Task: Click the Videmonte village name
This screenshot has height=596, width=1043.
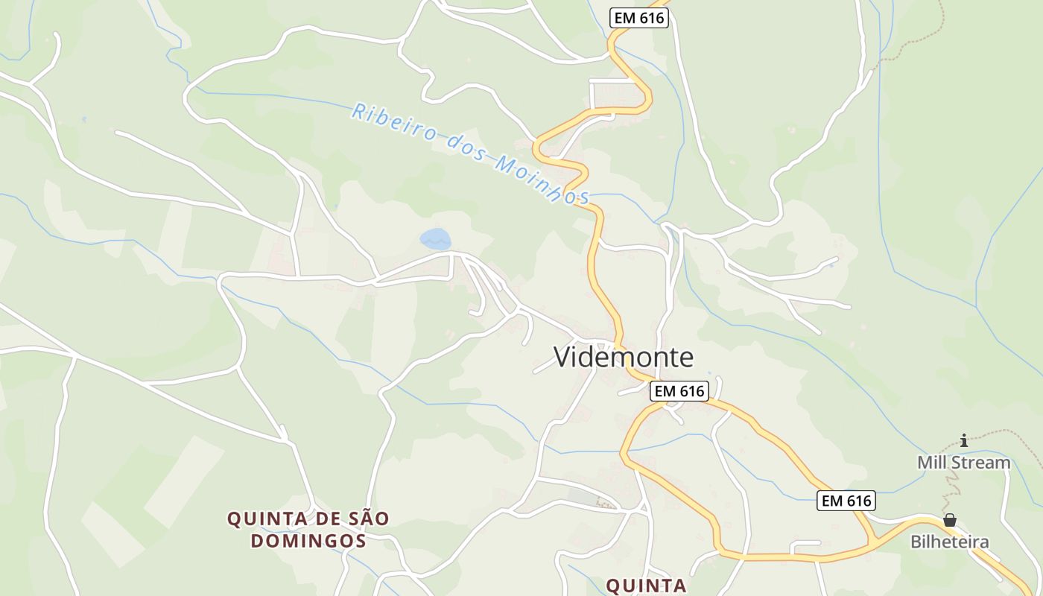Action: point(624,358)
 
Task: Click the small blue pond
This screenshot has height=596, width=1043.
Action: point(435,238)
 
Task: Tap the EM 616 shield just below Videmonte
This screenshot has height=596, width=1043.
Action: point(678,391)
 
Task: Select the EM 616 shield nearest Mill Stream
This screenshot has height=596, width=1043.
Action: point(846,501)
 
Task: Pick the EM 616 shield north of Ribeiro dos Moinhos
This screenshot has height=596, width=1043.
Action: point(638,18)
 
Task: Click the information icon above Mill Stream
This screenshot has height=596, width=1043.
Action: point(964,440)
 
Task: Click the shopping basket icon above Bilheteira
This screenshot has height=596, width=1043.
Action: point(950,519)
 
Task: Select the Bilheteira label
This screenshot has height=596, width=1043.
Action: point(950,542)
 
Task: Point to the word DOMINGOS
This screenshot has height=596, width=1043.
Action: point(308,540)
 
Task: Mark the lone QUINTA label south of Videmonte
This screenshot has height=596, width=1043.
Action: point(646,586)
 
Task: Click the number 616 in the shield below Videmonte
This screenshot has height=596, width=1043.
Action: point(691,391)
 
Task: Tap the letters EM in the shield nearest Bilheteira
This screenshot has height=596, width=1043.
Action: point(832,501)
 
